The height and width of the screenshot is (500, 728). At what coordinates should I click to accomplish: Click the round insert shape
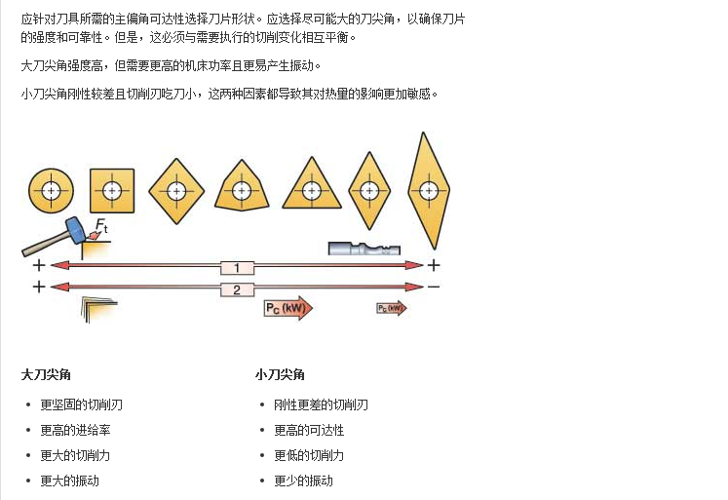(x=51, y=190)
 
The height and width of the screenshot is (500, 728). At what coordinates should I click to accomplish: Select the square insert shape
(x=112, y=190)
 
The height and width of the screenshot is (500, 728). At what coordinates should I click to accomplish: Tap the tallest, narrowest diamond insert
(x=429, y=190)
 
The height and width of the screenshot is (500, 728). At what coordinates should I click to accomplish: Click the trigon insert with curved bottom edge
(x=242, y=186)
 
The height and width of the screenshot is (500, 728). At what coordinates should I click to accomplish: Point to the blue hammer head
(x=75, y=230)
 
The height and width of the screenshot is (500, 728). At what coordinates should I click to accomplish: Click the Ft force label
(x=101, y=225)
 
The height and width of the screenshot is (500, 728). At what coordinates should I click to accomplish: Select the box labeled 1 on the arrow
(x=237, y=267)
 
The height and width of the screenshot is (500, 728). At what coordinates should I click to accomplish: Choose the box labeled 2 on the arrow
(x=237, y=289)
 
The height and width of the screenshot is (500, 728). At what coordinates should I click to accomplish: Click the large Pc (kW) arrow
(x=288, y=308)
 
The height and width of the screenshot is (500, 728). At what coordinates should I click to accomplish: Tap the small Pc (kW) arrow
(x=392, y=308)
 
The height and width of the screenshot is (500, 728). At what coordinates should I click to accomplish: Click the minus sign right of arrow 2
(x=433, y=287)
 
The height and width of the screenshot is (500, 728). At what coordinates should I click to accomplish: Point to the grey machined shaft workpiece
(x=364, y=249)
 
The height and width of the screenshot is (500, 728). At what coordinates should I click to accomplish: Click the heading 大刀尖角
(x=46, y=374)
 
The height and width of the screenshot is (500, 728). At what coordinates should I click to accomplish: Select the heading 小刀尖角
(x=280, y=374)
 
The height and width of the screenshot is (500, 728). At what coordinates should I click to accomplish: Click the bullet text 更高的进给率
(x=75, y=431)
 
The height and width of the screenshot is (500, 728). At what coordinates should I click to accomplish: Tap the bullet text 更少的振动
(x=304, y=481)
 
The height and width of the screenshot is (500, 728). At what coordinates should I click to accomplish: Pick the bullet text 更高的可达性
(x=309, y=431)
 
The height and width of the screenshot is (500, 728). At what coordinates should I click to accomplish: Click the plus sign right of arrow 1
(x=434, y=265)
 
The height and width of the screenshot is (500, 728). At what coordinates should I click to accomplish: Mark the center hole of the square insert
(x=112, y=190)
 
